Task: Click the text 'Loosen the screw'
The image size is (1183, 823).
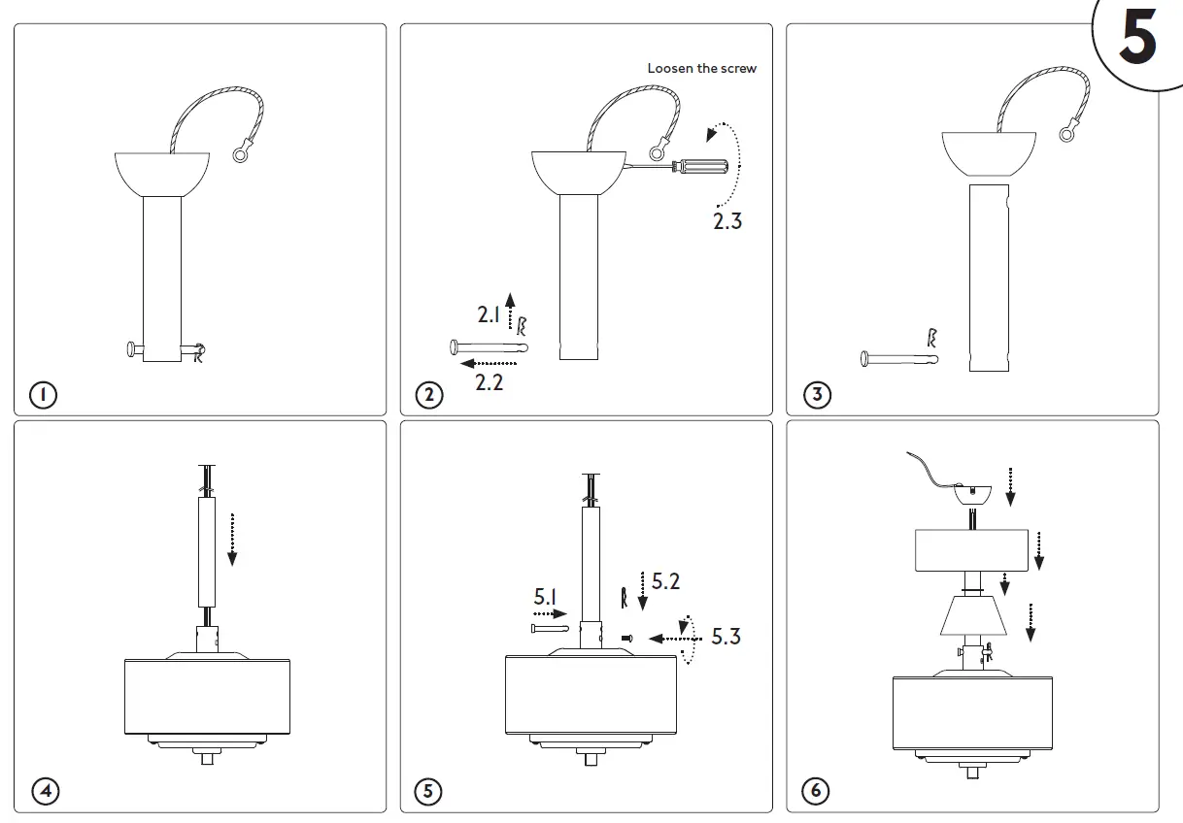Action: click(x=701, y=68)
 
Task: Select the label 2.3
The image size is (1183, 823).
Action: click(x=727, y=221)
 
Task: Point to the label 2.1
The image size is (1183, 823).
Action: click(x=488, y=314)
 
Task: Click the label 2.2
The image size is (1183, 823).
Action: click(x=489, y=382)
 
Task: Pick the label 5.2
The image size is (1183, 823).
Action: click(x=665, y=581)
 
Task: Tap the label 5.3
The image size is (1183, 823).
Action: click(x=726, y=637)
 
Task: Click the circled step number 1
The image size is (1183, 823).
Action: click(x=43, y=395)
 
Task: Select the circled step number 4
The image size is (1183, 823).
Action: click(x=45, y=791)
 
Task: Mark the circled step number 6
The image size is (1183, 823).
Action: click(x=816, y=791)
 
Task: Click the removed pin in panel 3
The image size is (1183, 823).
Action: click(x=898, y=359)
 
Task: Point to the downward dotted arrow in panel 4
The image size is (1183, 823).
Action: click(x=232, y=538)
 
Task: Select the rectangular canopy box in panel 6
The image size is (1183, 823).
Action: click(x=971, y=550)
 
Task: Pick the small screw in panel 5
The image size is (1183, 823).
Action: click(x=626, y=638)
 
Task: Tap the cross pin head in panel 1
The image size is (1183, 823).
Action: click(x=129, y=348)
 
